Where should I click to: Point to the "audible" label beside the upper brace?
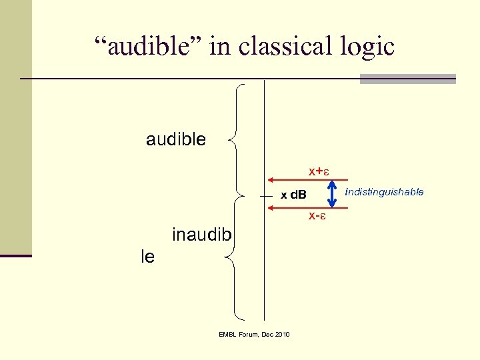(x=176, y=139)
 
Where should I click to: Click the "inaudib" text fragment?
(x=202, y=235)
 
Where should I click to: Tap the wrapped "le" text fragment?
(x=148, y=257)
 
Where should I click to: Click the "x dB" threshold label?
(x=293, y=195)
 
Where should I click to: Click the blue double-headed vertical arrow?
(x=331, y=194)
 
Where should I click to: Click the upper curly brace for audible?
(x=237, y=139)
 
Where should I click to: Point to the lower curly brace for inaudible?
(x=235, y=256)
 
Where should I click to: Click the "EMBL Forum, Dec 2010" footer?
(x=254, y=334)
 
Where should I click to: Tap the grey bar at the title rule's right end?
(x=407, y=79)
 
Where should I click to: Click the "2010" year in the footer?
(x=281, y=334)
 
